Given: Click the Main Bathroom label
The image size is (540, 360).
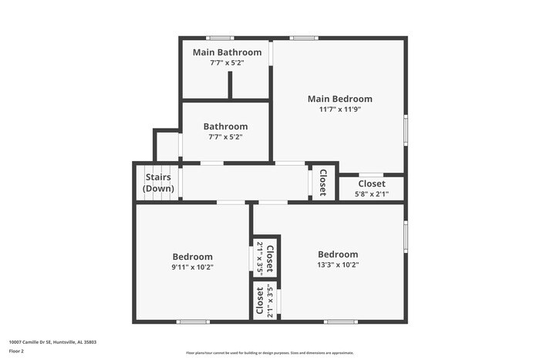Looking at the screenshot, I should click(226, 52).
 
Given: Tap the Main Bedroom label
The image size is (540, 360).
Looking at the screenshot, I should click(339, 99).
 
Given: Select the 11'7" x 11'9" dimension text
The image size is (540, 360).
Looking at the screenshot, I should click(339, 109).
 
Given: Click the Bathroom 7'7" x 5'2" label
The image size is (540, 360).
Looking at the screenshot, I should click(225, 126).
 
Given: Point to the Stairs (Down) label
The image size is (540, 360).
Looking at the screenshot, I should click(159, 183).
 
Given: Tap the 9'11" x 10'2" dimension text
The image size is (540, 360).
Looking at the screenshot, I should click(192, 267).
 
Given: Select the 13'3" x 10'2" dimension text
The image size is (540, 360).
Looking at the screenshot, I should click(338, 264).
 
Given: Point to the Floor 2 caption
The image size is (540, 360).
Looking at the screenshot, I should click(16, 352).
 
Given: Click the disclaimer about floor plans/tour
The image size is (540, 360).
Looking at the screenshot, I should click(269, 352).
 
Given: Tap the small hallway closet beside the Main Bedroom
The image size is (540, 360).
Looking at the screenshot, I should click(322, 183).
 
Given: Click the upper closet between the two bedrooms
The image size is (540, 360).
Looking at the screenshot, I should click(265, 257).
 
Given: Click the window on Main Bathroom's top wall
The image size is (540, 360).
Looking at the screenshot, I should click(220, 38).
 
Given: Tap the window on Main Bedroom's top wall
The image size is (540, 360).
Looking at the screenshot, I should click(303, 38).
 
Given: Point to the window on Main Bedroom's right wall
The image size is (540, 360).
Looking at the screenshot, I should click(406, 130).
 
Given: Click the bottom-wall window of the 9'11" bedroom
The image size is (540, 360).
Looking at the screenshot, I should click(193, 321).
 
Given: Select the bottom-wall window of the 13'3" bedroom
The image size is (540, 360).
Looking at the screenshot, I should click(340, 321).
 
